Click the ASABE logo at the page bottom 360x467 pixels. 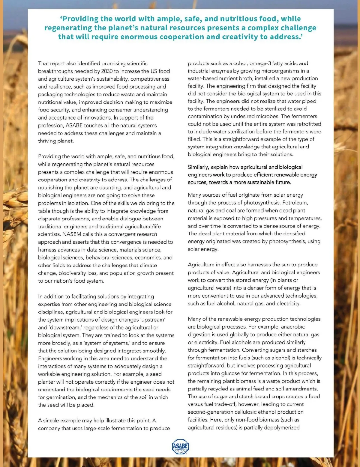click(180, 447)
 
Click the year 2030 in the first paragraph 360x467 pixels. click(107, 71)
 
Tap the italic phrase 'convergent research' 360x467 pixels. click(133, 234)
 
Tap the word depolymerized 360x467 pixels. click(280, 427)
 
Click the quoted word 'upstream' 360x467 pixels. click(153, 320)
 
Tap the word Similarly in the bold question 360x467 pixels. click(198, 167)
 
